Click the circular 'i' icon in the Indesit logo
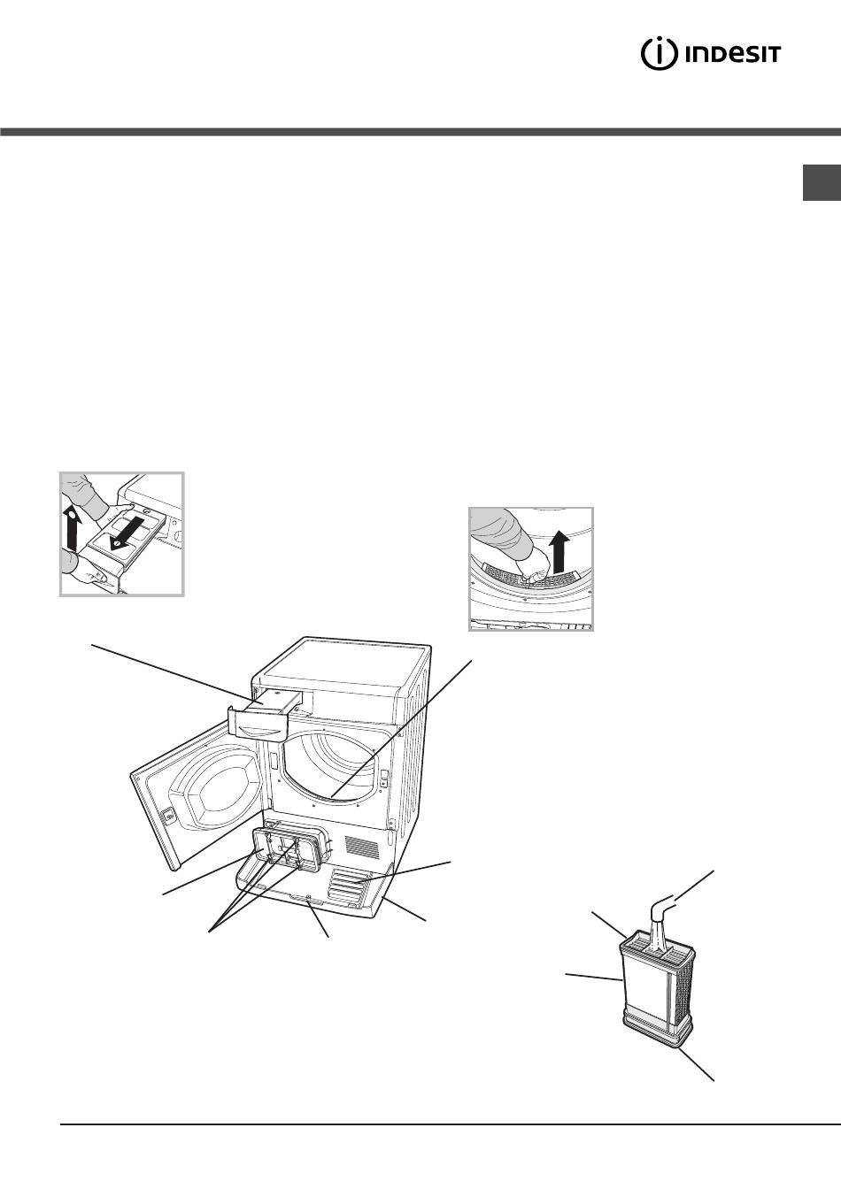(660, 54)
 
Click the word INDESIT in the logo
(733, 55)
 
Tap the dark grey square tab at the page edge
(822, 183)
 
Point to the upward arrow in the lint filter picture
(558, 553)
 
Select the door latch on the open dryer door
(169, 816)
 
